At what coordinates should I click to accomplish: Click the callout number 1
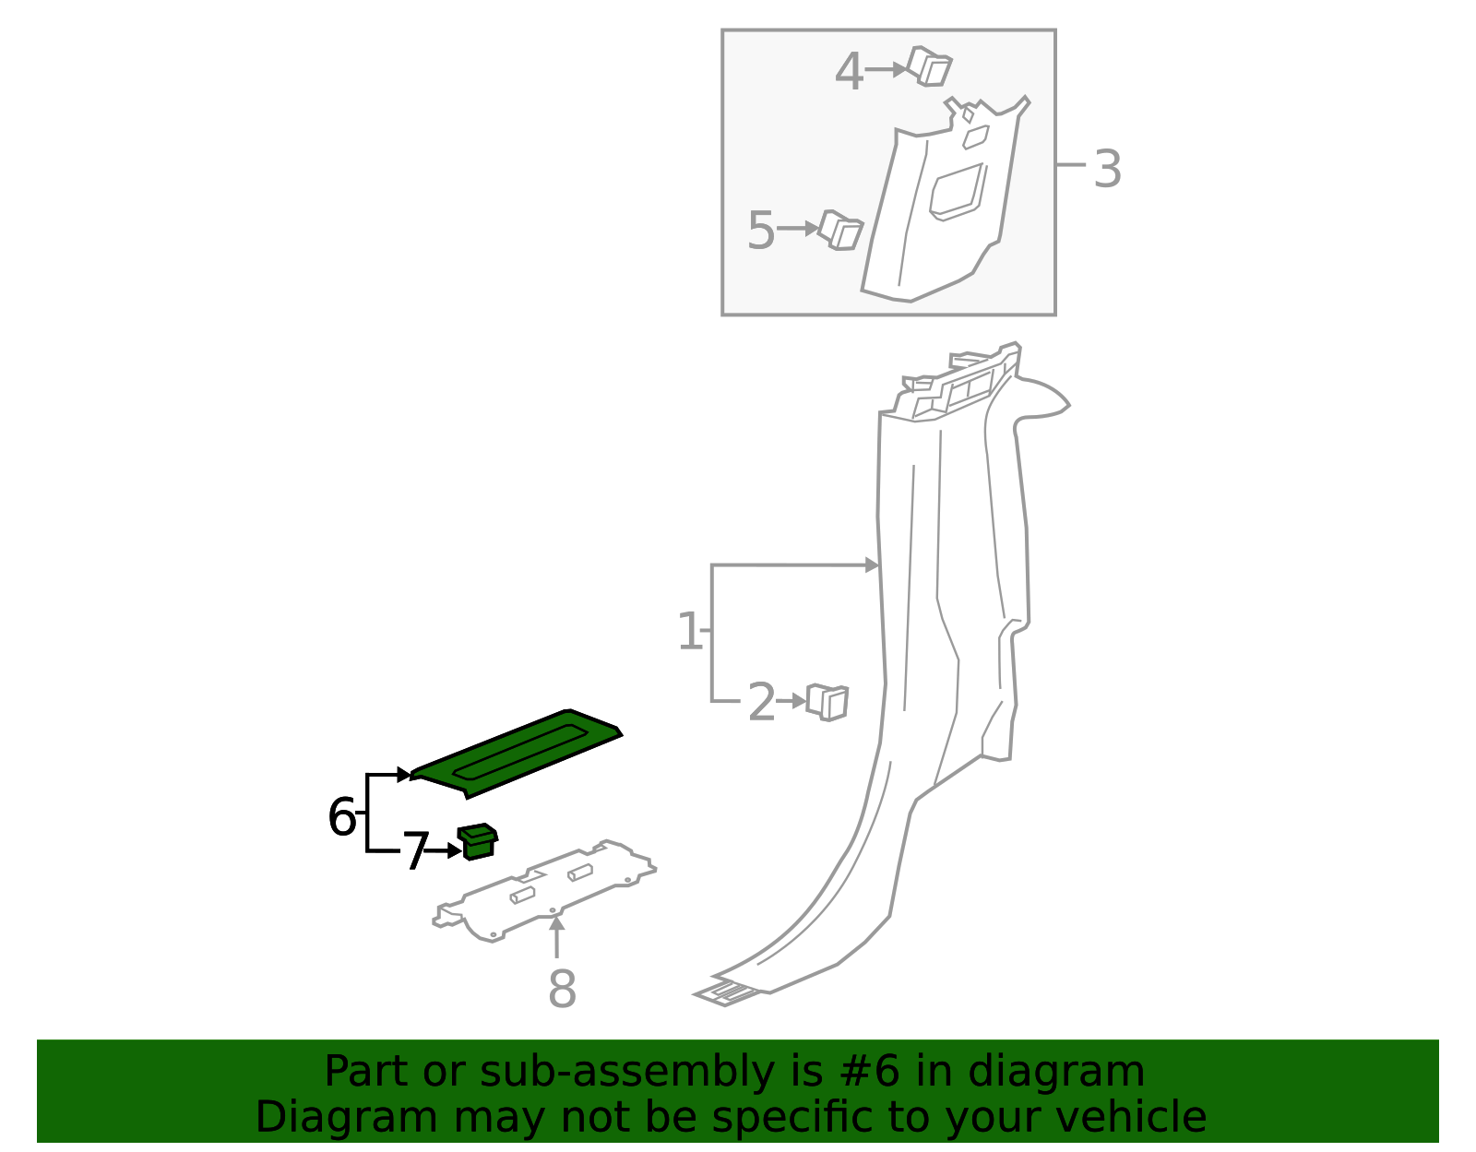click(x=689, y=633)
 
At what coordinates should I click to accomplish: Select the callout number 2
click(x=761, y=703)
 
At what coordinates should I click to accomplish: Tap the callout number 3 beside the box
click(x=1107, y=170)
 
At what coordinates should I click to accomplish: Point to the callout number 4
click(x=848, y=72)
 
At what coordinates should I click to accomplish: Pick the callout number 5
click(x=760, y=231)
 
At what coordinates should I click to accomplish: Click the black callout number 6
click(x=341, y=818)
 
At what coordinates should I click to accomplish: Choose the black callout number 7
click(x=415, y=852)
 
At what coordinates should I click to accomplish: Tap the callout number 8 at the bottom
click(x=562, y=990)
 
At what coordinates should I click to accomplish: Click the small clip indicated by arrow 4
click(x=929, y=66)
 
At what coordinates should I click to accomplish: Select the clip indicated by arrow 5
click(x=840, y=230)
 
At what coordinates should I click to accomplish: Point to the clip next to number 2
click(x=827, y=702)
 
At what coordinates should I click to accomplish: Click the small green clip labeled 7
click(x=478, y=841)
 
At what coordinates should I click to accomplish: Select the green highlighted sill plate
click(x=517, y=752)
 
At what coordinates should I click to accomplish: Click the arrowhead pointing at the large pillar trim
click(x=872, y=564)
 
